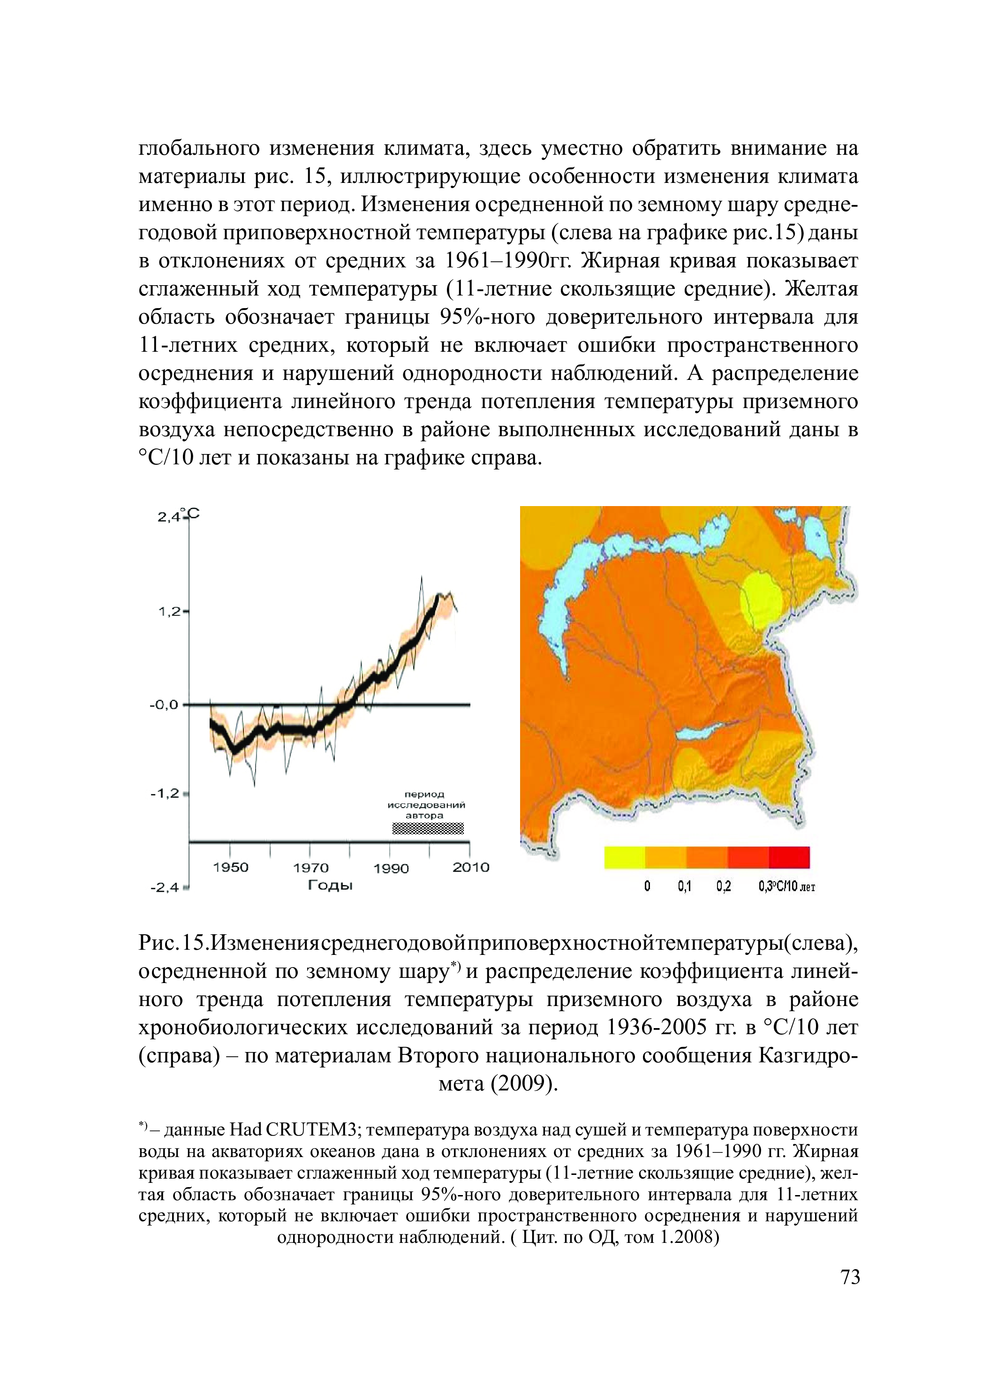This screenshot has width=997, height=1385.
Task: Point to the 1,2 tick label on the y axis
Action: pos(170,611)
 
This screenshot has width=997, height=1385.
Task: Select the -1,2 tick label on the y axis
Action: pos(166,794)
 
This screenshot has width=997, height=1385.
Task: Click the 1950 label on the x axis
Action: pos(230,868)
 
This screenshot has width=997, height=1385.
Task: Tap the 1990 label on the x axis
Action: pos(391,868)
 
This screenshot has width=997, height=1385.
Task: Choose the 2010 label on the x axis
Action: pos(471,867)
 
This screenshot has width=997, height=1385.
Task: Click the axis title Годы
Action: pos(330,885)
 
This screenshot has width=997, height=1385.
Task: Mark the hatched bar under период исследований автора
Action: pos(427,829)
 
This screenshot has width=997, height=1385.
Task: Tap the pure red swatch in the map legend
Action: pos(789,857)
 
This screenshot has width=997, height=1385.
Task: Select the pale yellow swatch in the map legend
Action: pos(624,857)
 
